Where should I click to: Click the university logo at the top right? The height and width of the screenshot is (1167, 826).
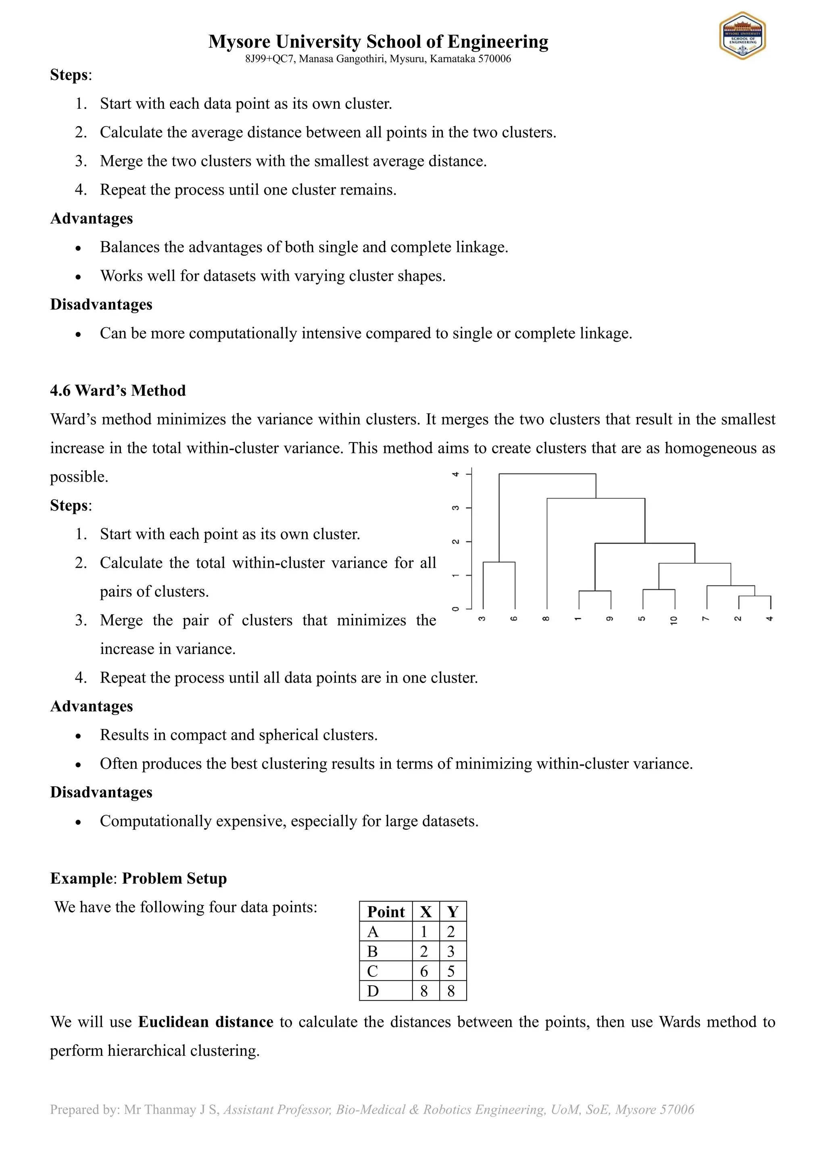pyautogui.click(x=742, y=35)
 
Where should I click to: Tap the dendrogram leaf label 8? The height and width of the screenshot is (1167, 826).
pyautogui.click(x=546, y=619)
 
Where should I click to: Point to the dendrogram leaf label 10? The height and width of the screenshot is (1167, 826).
pyautogui.click(x=674, y=620)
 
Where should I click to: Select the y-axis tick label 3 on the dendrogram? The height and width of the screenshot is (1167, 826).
pyautogui.click(x=456, y=508)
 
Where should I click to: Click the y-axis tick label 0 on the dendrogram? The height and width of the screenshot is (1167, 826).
pyautogui.click(x=456, y=608)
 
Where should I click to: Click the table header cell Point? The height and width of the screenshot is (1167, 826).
pyautogui.click(x=386, y=912)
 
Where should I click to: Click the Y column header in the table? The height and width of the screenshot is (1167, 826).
pyautogui.click(x=452, y=912)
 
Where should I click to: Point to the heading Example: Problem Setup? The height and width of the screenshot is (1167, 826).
pyautogui.click(x=138, y=878)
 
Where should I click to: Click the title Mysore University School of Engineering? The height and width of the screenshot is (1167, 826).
pyautogui.click(x=378, y=41)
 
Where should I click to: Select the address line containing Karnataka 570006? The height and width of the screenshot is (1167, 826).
pyautogui.click(x=378, y=59)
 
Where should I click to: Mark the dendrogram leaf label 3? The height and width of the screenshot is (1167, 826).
pyautogui.click(x=483, y=619)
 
